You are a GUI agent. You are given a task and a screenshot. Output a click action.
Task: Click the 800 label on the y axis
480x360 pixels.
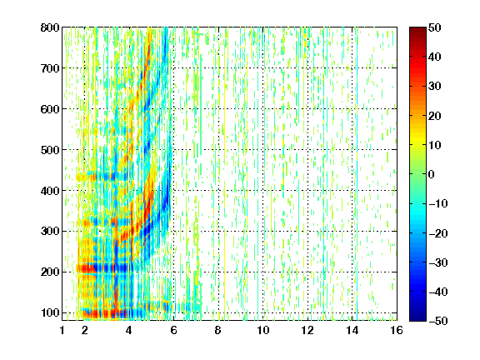pos(50,27)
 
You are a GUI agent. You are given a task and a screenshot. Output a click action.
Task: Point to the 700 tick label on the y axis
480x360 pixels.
pos(50,68)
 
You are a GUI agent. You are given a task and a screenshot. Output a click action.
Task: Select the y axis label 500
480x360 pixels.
pos(50,150)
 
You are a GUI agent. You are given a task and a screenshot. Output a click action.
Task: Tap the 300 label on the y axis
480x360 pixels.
pos(50,232)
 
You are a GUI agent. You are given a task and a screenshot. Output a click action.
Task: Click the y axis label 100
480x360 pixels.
pos(50,312)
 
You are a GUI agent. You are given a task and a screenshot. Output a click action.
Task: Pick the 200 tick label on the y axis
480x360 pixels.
pos(50,272)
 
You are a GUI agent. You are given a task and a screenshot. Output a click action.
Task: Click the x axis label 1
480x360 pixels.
pos(62,330)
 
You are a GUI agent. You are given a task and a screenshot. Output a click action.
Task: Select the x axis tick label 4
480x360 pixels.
pos(129,330)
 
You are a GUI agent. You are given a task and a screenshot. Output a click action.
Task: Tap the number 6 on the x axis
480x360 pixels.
pos(173,330)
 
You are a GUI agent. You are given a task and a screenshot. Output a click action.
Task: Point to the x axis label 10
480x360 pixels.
pos(263,330)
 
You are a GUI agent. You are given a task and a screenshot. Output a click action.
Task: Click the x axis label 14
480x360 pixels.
pos(352,330)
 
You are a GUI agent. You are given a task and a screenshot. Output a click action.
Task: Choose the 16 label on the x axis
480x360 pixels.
pos(397,330)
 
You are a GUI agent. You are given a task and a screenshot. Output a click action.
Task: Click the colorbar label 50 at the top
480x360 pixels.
pos(435,27)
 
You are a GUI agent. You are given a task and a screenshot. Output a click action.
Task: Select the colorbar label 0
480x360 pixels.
pos(432,174)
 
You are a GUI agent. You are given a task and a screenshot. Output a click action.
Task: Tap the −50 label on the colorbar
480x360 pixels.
pos(438,321)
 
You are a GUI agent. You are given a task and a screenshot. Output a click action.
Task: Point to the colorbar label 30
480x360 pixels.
pos(435,87)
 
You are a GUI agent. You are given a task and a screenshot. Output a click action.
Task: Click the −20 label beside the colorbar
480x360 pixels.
pos(438,233)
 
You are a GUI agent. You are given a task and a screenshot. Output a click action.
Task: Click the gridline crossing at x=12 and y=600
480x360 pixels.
pos(307,109)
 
